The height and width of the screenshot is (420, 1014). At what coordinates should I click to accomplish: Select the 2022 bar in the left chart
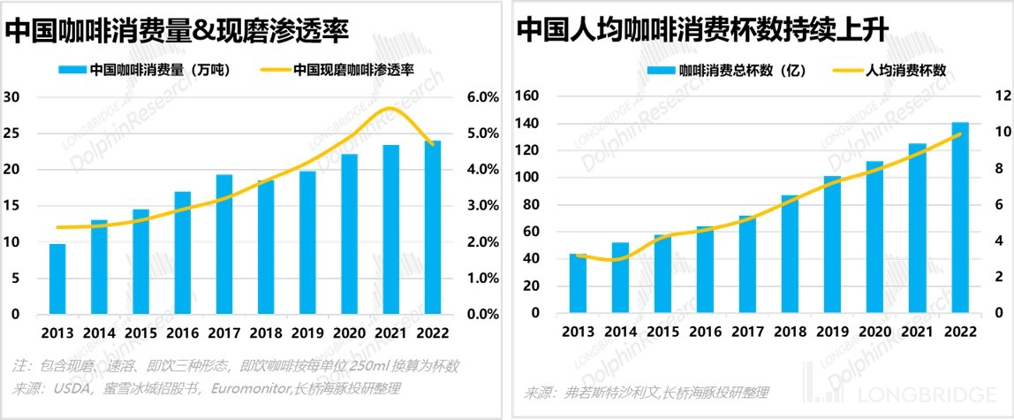tap(434, 227)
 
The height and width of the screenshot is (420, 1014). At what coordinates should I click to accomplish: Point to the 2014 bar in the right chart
tap(620, 278)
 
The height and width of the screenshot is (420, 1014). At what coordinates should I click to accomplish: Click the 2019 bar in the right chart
tap(832, 245)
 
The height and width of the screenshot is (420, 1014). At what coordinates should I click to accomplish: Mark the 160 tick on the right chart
tap(528, 95)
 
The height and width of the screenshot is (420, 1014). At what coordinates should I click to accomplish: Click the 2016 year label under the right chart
tap(704, 332)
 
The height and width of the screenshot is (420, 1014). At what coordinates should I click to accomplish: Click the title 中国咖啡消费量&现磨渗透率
tap(178, 31)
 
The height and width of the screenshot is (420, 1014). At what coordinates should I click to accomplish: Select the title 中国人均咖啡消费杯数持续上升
tap(702, 31)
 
